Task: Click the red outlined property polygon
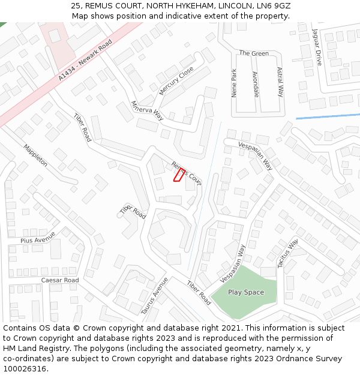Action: click(179, 175)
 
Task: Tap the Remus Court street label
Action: click(187, 173)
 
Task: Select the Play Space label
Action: click(245, 292)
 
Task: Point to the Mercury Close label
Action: click(176, 80)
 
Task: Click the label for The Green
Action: click(254, 53)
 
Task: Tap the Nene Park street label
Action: click(234, 83)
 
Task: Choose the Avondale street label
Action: click(256, 84)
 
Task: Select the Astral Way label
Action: click(280, 82)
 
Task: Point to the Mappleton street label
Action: click(35, 155)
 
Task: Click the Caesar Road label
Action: click(60, 280)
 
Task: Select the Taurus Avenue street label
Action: click(154, 296)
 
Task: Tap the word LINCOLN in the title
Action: click(232, 5)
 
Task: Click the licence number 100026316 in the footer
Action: click(25, 368)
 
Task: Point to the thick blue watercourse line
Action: click(328, 116)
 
